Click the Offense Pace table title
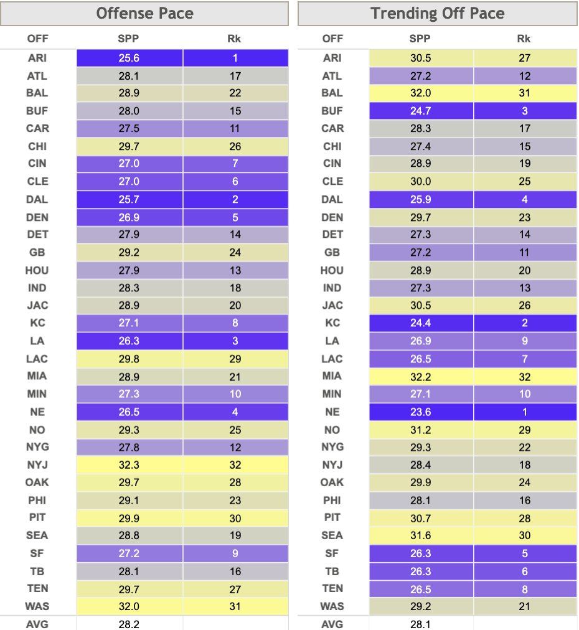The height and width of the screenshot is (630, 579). (x=144, y=13)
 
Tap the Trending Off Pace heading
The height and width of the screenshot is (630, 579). (x=437, y=13)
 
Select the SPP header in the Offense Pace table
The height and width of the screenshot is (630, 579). (x=128, y=39)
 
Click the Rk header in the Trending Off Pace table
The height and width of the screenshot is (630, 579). (x=524, y=39)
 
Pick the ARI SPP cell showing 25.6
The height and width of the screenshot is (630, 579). (x=129, y=58)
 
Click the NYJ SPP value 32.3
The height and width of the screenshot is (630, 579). (x=129, y=465)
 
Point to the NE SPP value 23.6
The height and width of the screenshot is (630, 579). (x=421, y=412)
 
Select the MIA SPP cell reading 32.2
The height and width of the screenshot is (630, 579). (x=421, y=377)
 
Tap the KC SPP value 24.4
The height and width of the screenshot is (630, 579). (x=421, y=322)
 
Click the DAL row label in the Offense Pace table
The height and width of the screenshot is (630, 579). (x=37, y=199)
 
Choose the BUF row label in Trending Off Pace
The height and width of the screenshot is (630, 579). (x=332, y=111)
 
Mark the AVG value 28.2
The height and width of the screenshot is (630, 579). (x=129, y=624)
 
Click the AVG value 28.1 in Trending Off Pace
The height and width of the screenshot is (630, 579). (x=420, y=624)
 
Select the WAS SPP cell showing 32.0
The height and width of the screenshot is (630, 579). (x=129, y=606)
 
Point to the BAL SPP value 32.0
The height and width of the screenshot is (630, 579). (x=421, y=93)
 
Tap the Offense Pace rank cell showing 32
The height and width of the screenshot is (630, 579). (x=235, y=465)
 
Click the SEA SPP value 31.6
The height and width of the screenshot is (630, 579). (x=421, y=535)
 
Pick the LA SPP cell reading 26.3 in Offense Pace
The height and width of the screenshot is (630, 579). (x=129, y=341)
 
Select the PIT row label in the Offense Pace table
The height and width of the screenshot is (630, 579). (x=37, y=517)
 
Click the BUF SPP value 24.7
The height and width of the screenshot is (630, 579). (x=421, y=111)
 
